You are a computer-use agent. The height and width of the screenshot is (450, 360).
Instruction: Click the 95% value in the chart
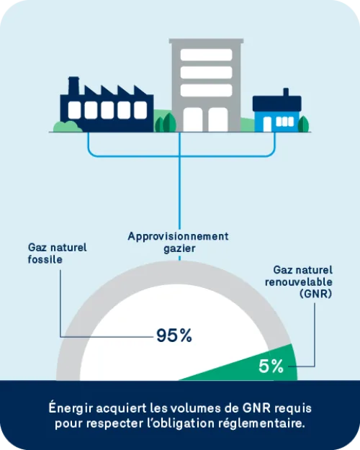tap(174, 336)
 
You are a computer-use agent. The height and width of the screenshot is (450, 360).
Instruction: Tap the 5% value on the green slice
tap(271, 366)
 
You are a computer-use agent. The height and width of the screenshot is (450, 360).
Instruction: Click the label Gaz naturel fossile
tap(57, 253)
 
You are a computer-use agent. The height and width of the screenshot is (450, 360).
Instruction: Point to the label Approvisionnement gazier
tap(179, 242)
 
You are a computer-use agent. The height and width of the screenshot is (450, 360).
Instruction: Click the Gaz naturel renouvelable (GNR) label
tap(299, 282)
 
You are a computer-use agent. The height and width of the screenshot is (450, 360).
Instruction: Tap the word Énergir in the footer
tap(71, 408)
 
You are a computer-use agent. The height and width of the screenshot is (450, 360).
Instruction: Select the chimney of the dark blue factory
tap(73, 85)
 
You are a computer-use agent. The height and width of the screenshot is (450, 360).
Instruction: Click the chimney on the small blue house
tap(286, 92)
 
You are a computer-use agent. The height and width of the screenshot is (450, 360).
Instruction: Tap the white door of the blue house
tap(267, 124)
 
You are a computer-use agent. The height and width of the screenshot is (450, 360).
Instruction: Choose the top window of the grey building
tap(206, 55)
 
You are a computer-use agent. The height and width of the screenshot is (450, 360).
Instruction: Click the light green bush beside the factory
tap(68, 127)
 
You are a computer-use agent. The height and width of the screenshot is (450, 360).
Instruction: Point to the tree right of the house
tap(303, 124)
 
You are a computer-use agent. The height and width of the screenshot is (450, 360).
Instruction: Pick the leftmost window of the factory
tap(74, 110)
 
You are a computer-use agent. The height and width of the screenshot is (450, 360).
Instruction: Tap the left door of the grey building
tap(193, 120)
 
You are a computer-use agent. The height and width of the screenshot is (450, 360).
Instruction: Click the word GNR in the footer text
tap(256, 408)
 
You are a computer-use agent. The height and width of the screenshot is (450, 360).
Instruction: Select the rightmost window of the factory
tap(140, 110)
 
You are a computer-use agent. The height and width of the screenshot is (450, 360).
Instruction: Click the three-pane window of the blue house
tap(285, 122)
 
